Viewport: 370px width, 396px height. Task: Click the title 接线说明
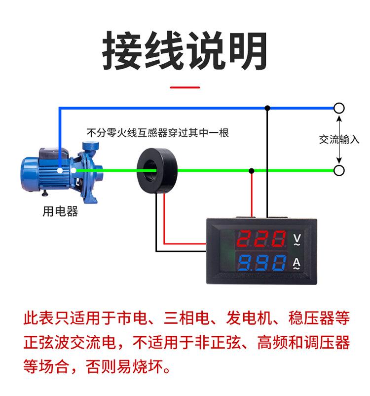[185, 51]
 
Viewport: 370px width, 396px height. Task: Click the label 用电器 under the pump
[60, 212]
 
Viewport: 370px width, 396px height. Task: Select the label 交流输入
[339, 140]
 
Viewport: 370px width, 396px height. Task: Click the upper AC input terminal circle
[339, 108]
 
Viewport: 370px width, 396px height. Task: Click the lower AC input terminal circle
[339, 170]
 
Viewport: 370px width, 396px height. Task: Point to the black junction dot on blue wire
[267, 108]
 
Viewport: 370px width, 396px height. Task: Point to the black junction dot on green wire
[252, 171]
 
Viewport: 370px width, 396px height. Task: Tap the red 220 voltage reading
[262, 239]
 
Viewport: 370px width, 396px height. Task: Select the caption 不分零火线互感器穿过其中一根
[157, 133]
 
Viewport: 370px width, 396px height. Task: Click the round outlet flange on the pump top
[89, 146]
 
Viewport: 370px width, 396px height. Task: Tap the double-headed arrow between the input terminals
[339, 139]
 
